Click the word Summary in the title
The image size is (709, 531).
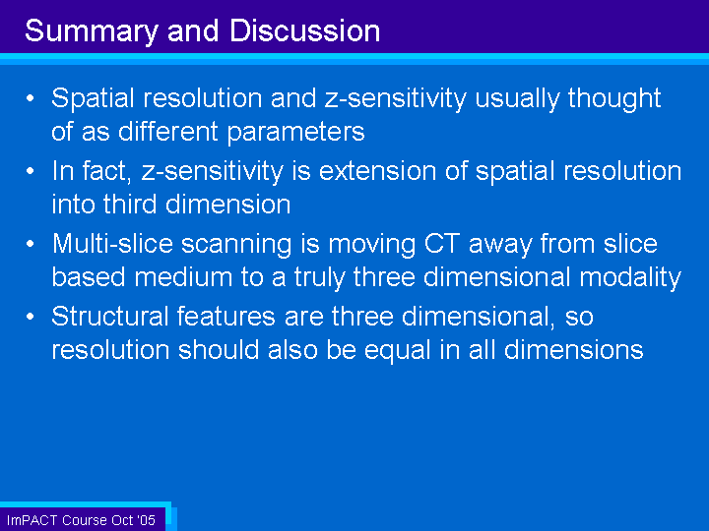click(x=92, y=31)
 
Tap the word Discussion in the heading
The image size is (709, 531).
click(x=304, y=30)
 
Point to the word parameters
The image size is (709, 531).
click(x=295, y=133)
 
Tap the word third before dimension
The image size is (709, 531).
click(x=130, y=205)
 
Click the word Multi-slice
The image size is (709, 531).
click(x=112, y=244)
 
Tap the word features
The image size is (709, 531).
click(x=226, y=316)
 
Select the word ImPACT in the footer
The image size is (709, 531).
click(x=32, y=520)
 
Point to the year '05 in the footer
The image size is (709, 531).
click(x=146, y=520)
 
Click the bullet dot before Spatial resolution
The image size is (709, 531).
click(x=31, y=98)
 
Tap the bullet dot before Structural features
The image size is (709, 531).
click(x=31, y=316)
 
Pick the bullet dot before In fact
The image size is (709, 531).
click(x=31, y=171)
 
